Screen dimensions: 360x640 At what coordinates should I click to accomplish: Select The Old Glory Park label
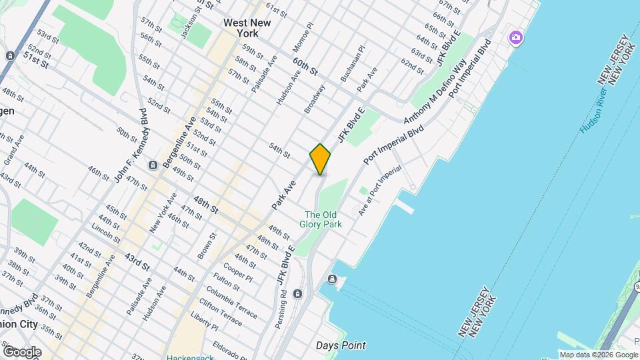coord(323,219)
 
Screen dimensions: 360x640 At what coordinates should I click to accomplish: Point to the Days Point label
coord(340,345)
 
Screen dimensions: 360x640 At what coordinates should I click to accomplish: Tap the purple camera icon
coord(515,37)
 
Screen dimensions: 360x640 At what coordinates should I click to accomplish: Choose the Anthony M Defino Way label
coord(434,93)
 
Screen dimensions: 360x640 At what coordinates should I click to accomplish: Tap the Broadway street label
coord(315,98)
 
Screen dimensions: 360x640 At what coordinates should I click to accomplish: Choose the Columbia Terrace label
coord(231,302)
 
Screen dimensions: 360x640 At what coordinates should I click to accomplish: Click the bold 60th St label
coord(305,66)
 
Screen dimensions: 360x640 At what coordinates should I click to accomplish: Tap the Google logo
coord(22,351)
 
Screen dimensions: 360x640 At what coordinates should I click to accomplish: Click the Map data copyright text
coord(598,355)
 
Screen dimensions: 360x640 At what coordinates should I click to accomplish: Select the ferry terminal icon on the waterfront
coord(331,279)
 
